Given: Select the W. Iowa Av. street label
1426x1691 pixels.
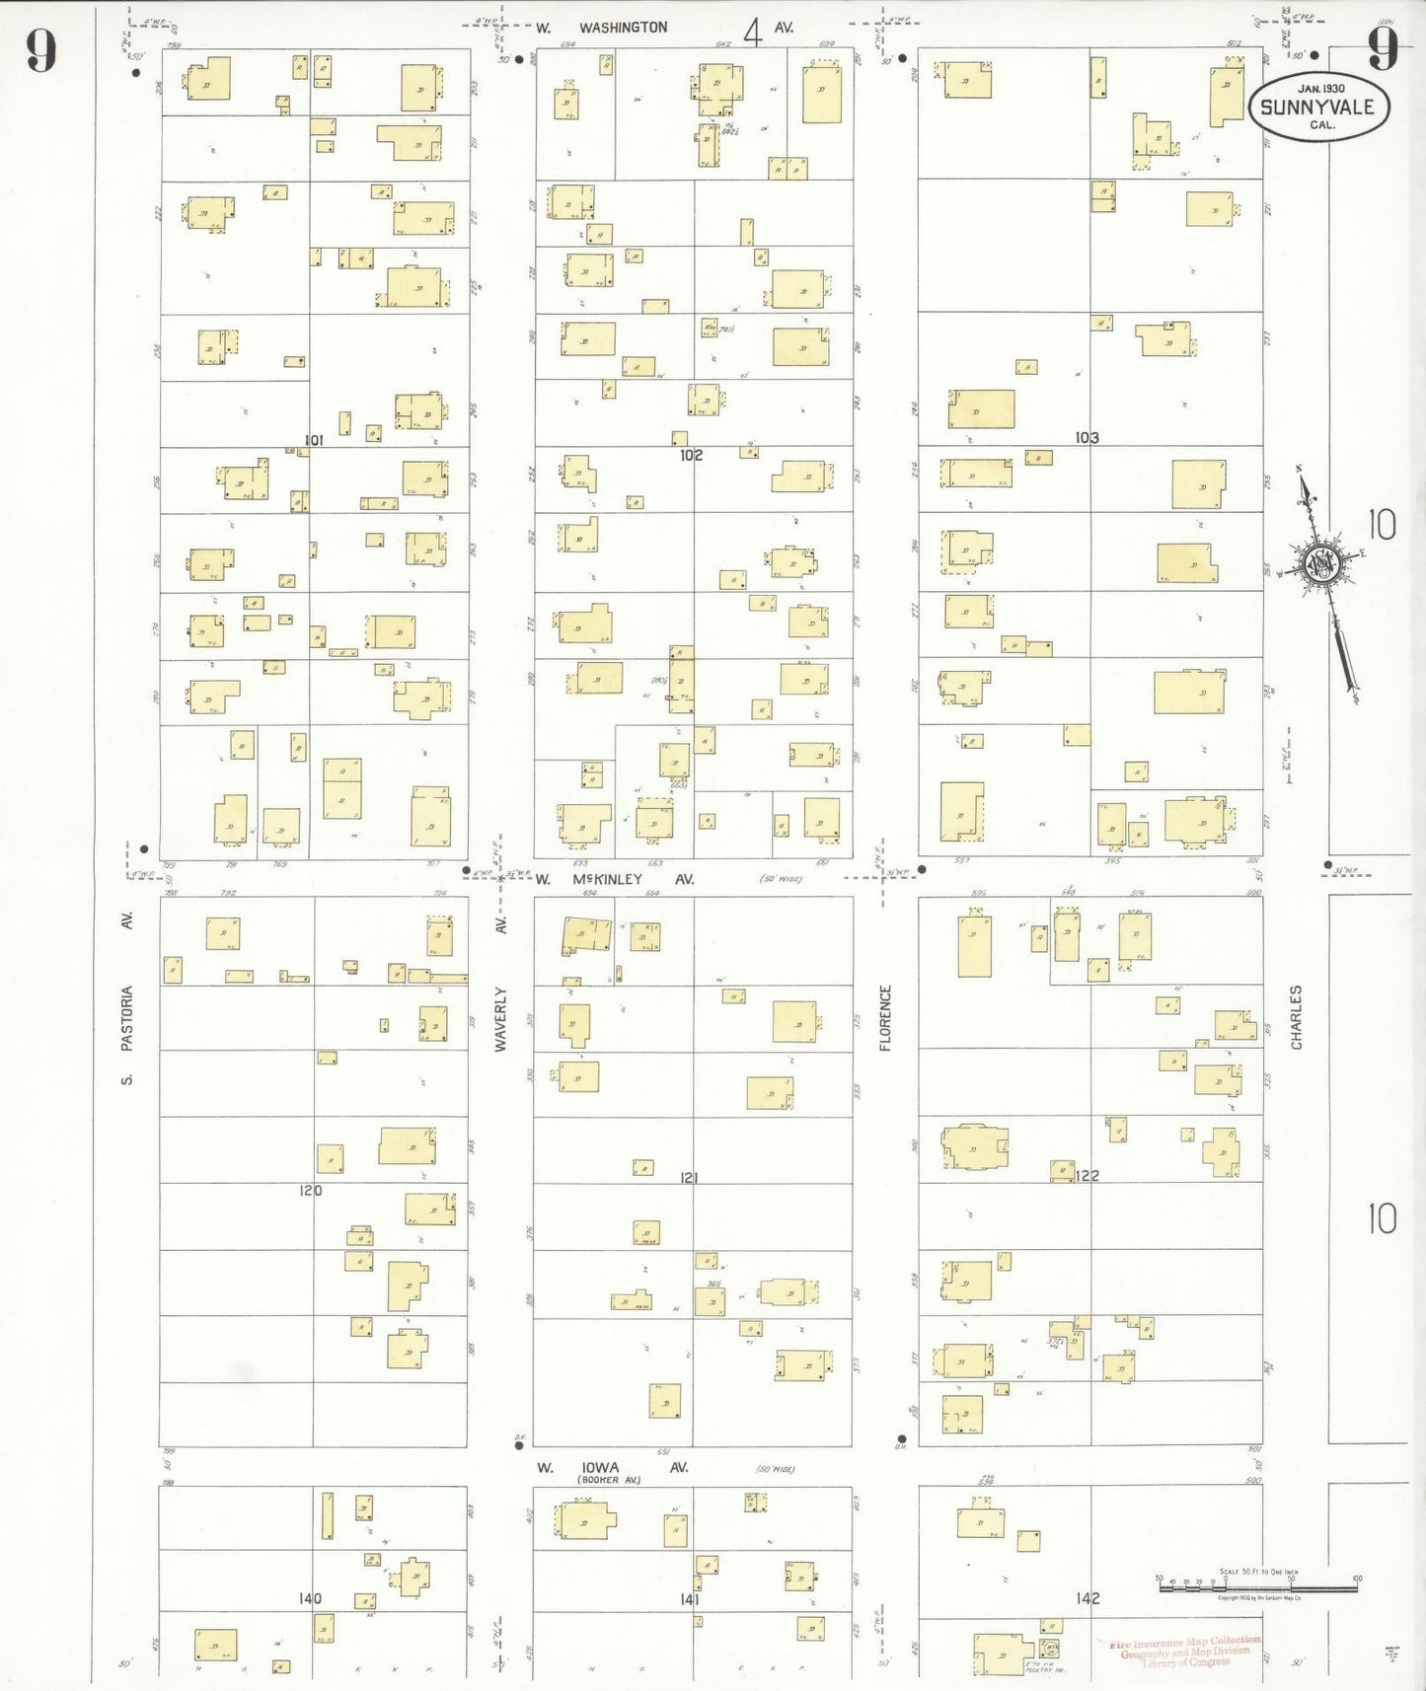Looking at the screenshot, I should (x=612, y=1468).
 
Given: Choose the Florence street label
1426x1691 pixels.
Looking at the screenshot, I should (x=885, y=1017).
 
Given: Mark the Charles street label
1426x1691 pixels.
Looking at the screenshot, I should (x=1296, y=1016).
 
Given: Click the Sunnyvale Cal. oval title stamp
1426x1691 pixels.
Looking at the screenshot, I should (x=1318, y=107).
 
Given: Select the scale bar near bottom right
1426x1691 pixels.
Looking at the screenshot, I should (x=1257, y=1581).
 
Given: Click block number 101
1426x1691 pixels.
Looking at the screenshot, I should (x=314, y=440).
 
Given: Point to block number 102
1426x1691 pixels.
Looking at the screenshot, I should (x=691, y=455).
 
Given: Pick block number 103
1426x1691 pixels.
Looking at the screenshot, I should (x=1087, y=437).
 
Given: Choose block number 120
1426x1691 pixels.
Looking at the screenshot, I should (x=311, y=1191).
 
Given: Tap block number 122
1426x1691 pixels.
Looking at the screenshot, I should (x=1087, y=1175).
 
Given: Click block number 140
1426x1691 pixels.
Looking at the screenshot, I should (x=310, y=1598).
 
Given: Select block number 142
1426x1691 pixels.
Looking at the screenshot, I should (x=1088, y=1598).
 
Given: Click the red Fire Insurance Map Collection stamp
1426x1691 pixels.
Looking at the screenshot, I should (x=1184, y=1652).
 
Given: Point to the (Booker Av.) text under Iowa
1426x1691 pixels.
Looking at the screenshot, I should (x=609, y=1480).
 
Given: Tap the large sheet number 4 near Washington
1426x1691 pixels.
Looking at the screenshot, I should (x=753, y=33).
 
